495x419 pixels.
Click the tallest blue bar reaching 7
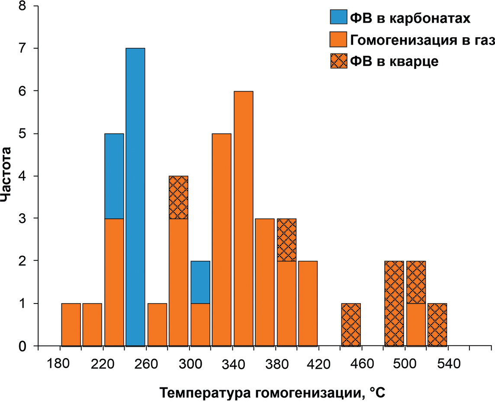135,197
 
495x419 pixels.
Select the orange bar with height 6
243,218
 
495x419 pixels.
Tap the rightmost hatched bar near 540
437,325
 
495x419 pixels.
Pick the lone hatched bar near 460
351,325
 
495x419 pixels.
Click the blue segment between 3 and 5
114,176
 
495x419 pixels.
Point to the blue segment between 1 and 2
200,282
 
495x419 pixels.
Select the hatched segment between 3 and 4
179,197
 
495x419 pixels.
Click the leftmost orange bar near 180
71,325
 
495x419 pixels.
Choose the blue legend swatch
338,18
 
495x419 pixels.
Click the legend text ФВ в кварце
394,61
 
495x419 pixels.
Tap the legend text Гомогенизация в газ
422,40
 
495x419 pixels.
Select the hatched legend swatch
338,61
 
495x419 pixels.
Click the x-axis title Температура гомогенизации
272,394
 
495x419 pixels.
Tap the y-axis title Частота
6,175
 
